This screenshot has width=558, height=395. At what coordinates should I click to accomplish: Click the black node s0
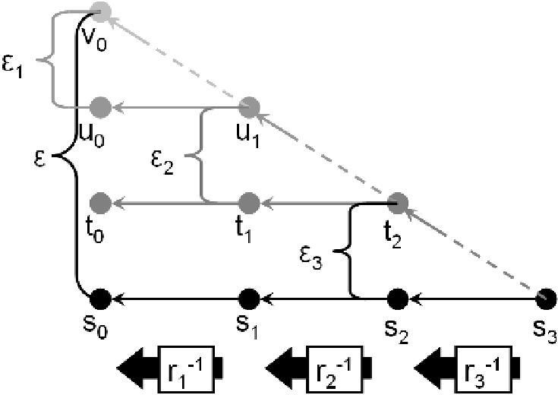(x=100, y=299)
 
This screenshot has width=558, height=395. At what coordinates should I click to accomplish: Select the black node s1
(x=249, y=299)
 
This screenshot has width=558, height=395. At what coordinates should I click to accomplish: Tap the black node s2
(x=397, y=299)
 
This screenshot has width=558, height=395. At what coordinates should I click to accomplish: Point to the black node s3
(x=546, y=299)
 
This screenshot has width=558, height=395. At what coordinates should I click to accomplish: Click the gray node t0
(x=100, y=203)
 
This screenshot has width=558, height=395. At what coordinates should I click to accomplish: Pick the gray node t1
(x=249, y=203)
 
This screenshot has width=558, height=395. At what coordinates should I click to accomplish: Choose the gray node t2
(x=397, y=203)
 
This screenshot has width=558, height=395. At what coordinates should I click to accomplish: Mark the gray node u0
(x=100, y=107)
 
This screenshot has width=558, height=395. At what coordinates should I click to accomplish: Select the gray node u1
(x=249, y=107)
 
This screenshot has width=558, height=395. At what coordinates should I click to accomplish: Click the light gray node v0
(x=100, y=11)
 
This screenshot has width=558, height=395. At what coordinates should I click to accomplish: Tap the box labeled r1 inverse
(x=188, y=368)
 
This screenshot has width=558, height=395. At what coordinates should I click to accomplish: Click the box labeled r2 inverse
(x=336, y=368)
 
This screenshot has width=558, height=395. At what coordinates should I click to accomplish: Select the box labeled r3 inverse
(x=484, y=368)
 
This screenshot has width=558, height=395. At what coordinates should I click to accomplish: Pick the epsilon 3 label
(x=311, y=258)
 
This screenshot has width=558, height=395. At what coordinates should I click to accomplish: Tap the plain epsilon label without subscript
(x=40, y=158)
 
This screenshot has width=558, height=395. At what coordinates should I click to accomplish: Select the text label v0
(x=93, y=39)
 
